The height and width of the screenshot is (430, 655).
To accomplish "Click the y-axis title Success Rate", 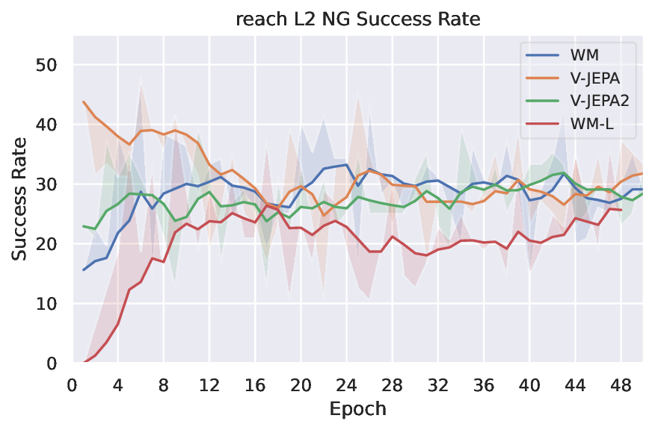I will click(20, 199).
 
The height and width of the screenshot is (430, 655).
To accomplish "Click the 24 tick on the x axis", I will click(346, 384).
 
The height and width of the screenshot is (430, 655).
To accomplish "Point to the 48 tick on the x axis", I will click(621, 384).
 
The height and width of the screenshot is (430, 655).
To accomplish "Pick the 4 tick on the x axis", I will click(117, 384).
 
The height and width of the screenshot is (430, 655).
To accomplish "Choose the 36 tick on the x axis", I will click(484, 384).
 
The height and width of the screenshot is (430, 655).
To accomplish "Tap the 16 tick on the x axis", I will click(255, 384).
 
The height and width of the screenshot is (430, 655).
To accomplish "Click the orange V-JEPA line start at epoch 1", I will click(84, 102).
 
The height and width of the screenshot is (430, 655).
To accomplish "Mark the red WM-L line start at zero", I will click(84, 363).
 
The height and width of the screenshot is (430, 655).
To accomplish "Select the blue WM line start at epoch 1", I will click(84, 269).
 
